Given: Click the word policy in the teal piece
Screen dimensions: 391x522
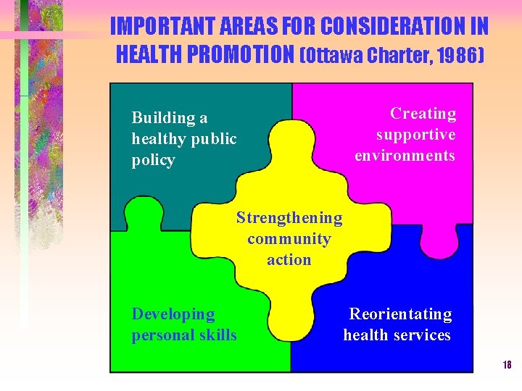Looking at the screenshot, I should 153,160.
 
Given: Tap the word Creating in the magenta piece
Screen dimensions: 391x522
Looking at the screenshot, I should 423,114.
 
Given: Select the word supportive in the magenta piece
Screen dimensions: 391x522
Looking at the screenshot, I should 415,135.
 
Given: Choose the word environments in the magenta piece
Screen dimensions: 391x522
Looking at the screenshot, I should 405,156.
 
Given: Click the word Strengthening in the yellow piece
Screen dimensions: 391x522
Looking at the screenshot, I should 289,218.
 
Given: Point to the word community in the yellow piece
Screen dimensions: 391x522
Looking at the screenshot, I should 289,239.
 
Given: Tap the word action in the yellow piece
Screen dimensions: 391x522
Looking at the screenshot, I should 289,259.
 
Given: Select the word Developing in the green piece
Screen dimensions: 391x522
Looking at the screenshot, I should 173,314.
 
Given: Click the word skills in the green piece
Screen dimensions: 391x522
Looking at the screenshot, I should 217,335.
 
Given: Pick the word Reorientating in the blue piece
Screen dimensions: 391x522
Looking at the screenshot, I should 400,314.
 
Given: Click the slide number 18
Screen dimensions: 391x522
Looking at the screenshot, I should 507,365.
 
